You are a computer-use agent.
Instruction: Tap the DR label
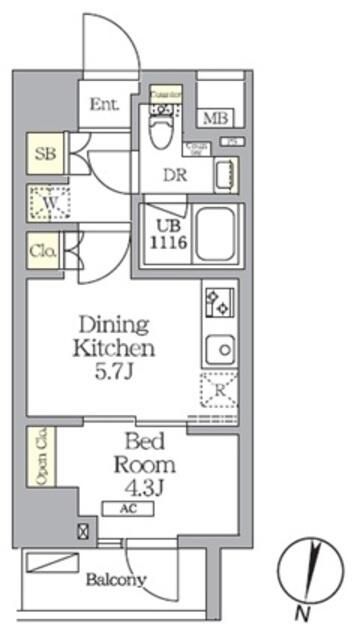point(176,171)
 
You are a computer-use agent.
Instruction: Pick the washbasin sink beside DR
point(226,175)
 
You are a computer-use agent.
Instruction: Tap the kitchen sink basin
point(218,349)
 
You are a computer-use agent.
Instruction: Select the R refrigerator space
point(218,390)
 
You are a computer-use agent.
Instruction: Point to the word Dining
point(113,325)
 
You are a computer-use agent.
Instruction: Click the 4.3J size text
point(146,488)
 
